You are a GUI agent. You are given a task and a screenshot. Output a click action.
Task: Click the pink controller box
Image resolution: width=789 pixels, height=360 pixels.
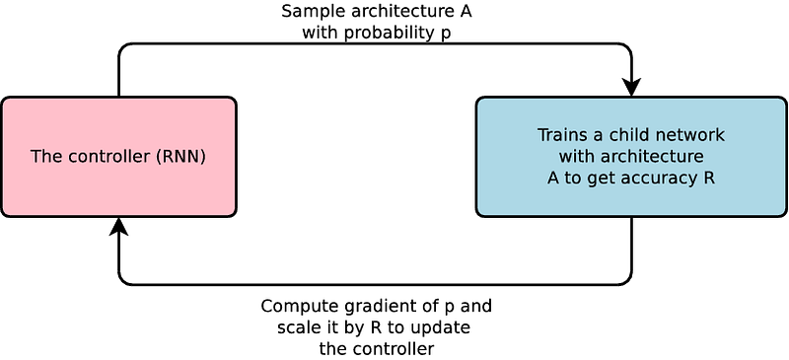tap(118, 157)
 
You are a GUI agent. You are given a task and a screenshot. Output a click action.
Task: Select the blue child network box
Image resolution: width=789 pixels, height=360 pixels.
tap(631, 157)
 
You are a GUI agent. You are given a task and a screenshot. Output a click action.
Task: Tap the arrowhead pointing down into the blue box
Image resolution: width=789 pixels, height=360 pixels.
tap(631, 87)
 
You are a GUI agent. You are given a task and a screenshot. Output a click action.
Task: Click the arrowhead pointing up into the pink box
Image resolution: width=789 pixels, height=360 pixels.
tap(118, 227)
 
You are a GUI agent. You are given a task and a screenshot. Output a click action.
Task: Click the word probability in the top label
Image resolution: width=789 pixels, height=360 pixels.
tap(386, 33)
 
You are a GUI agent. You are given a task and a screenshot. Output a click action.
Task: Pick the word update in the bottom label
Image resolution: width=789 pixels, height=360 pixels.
tap(444, 327)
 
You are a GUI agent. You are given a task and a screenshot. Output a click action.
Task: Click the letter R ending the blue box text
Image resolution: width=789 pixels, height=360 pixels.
tap(709, 179)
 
